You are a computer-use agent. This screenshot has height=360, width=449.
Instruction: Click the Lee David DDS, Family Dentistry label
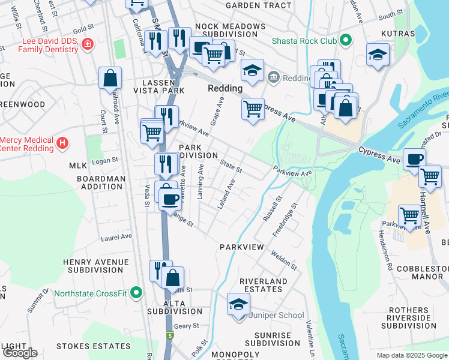click(41, 44)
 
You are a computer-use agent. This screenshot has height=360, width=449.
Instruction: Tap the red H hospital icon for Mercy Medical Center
click(62, 143)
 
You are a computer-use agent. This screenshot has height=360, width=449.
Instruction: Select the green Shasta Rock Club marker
click(345, 41)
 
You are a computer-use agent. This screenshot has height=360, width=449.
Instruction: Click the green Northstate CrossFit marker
click(136, 293)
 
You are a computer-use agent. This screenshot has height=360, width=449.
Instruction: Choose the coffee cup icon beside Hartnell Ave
click(414, 160)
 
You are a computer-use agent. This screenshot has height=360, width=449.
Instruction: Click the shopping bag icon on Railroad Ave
click(110, 77)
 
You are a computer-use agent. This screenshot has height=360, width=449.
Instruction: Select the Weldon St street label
click(285, 260)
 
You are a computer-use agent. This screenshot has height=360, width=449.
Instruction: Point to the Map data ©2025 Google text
click(411, 355)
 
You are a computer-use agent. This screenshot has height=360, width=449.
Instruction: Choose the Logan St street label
click(104, 161)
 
